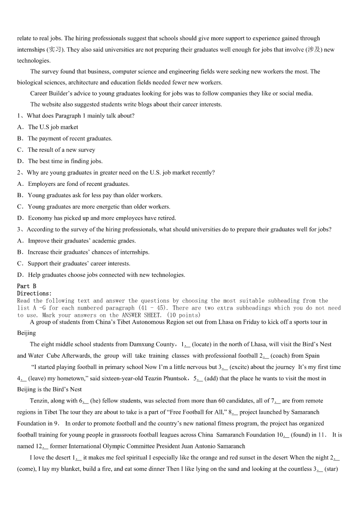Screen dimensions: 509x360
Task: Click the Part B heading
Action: tap(26, 286)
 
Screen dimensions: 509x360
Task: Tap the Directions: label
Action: tap(34, 293)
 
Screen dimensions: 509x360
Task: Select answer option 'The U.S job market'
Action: tap(53, 127)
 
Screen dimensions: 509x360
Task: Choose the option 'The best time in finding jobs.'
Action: tap(65, 161)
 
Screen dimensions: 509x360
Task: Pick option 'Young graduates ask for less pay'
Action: tap(95, 195)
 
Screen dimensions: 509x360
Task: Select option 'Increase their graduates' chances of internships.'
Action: tap(88, 252)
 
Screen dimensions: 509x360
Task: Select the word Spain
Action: tap(312, 356)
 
